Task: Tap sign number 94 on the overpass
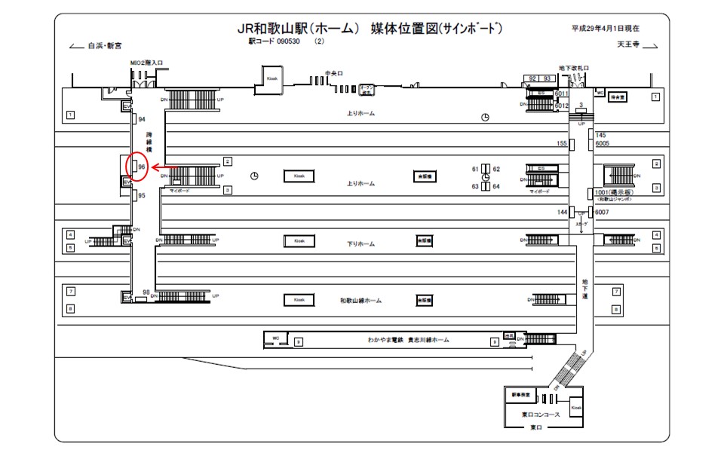[x=141, y=120]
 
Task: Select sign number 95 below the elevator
[x=141, y=196]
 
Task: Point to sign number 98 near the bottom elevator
[x=146, y=292]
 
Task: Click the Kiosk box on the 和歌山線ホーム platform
[x=299, y=300]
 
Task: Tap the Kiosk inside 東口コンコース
[x=577, y=407]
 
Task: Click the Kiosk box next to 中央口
[x=272, y=78]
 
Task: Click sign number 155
[x=562, y=143]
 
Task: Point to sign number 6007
[x=602, y=213]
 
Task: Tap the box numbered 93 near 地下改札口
[x=548, y=78]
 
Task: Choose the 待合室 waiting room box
[x=618, y=97]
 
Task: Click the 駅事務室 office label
[x=521, y=395]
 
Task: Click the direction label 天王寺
[x=628, y=44]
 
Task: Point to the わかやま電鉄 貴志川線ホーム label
[x=407, y=341]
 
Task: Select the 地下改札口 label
[x=574, y=68]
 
